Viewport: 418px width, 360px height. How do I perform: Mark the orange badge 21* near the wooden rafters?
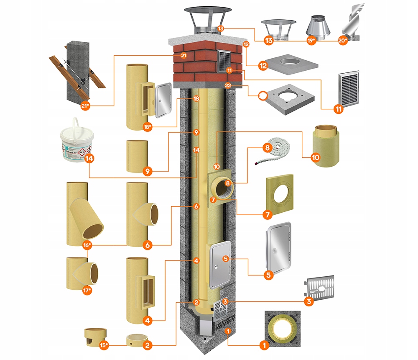click(x=86, y=106)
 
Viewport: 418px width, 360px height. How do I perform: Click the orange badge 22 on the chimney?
click(x=228, y=85)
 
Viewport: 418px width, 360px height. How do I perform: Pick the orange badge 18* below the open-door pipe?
click(x=147, y=127)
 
